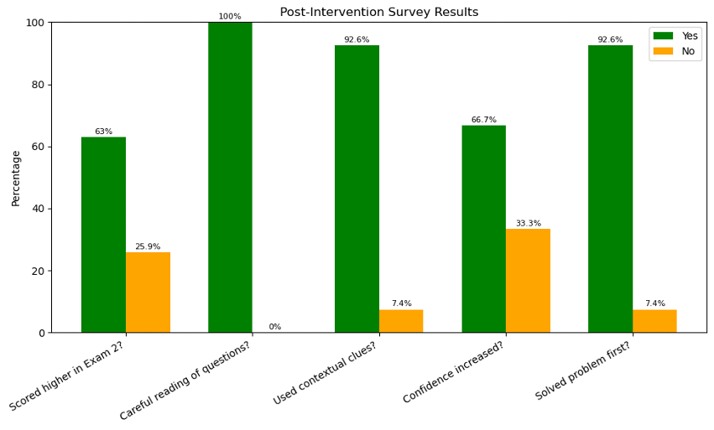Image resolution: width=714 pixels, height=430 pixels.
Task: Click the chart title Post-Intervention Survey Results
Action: (x=378, y=13)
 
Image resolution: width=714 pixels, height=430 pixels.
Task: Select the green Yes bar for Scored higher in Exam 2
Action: (x=103, y=235)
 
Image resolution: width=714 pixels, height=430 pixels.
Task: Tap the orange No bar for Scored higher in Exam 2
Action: (x=148, y=293)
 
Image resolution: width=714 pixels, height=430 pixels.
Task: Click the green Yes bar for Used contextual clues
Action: (x=357, y=189)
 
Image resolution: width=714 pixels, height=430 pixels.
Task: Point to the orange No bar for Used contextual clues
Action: (x=401, y=321)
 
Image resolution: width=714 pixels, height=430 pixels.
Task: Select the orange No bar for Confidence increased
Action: (x=528, y=281)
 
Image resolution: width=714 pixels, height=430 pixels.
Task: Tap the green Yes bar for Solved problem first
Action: (x=610, y=189)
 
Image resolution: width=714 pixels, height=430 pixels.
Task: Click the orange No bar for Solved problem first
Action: (x=654, y=321)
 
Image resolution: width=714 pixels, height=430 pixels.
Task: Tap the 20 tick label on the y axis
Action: (x=39, y=271)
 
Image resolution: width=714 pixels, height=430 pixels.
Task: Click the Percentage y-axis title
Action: (x=16, y=178)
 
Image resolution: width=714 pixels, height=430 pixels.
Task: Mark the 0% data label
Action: (x=274, y=327)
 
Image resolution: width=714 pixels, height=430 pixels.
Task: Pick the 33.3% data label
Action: (x=528, y=224)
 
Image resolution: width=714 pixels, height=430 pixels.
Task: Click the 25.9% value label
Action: (x=148, y=247)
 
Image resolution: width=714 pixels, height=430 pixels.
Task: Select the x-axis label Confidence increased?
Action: (x=453, y=372)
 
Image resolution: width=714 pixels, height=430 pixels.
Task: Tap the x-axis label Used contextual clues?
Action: (x=325, y=374)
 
